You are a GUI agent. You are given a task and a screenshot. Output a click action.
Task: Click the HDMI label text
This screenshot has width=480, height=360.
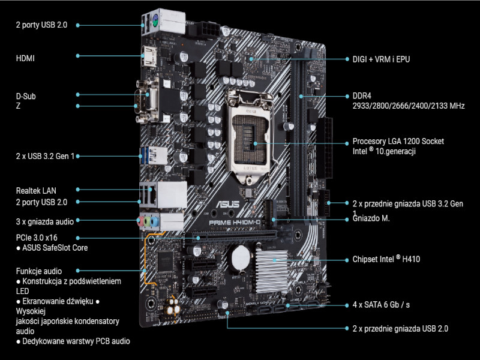(x=25, y=58)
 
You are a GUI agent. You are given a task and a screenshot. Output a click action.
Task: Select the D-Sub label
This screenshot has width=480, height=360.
(x=26, y=96)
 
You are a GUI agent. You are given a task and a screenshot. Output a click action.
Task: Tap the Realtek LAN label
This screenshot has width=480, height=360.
(x=36, y=191)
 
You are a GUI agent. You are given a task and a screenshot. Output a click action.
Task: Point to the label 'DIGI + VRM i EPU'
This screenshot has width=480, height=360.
(x=381, y=59)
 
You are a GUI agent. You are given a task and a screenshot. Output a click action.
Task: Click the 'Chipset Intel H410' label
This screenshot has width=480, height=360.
(x=386, y=259)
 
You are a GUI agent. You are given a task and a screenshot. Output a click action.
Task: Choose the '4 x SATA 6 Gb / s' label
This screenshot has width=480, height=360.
(x=381, y=305)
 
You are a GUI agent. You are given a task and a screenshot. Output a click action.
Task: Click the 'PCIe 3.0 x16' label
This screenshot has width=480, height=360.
(x=37, y=238)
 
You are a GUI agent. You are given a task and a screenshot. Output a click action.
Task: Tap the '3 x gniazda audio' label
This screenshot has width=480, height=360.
(x=44, y=221)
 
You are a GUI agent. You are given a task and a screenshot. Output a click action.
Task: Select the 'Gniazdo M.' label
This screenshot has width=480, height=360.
(x=371, y=218)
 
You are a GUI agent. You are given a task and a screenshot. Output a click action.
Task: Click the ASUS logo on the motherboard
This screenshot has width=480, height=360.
(x=228, y=205)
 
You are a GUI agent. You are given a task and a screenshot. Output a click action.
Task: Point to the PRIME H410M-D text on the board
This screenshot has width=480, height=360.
(x=235, y=223)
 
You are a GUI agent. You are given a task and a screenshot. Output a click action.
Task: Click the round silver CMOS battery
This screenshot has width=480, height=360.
(x=241, y=257)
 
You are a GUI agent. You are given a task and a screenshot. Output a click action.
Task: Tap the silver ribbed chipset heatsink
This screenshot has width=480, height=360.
(x=272, y=269)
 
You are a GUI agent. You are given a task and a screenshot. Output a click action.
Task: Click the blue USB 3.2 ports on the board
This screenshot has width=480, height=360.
(x=154, y=155)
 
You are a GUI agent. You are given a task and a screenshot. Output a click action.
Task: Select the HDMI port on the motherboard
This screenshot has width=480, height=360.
(x=149, y=56)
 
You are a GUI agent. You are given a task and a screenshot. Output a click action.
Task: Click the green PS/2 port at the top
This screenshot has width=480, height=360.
(x=155, y=22)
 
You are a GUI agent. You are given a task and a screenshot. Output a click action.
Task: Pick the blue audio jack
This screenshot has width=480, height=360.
(x=155, y=221)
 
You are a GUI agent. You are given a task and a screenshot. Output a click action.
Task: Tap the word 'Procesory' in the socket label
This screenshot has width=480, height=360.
(x=369, y=141)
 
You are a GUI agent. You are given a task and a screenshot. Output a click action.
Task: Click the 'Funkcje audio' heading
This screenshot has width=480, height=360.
(x=39, y=271)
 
